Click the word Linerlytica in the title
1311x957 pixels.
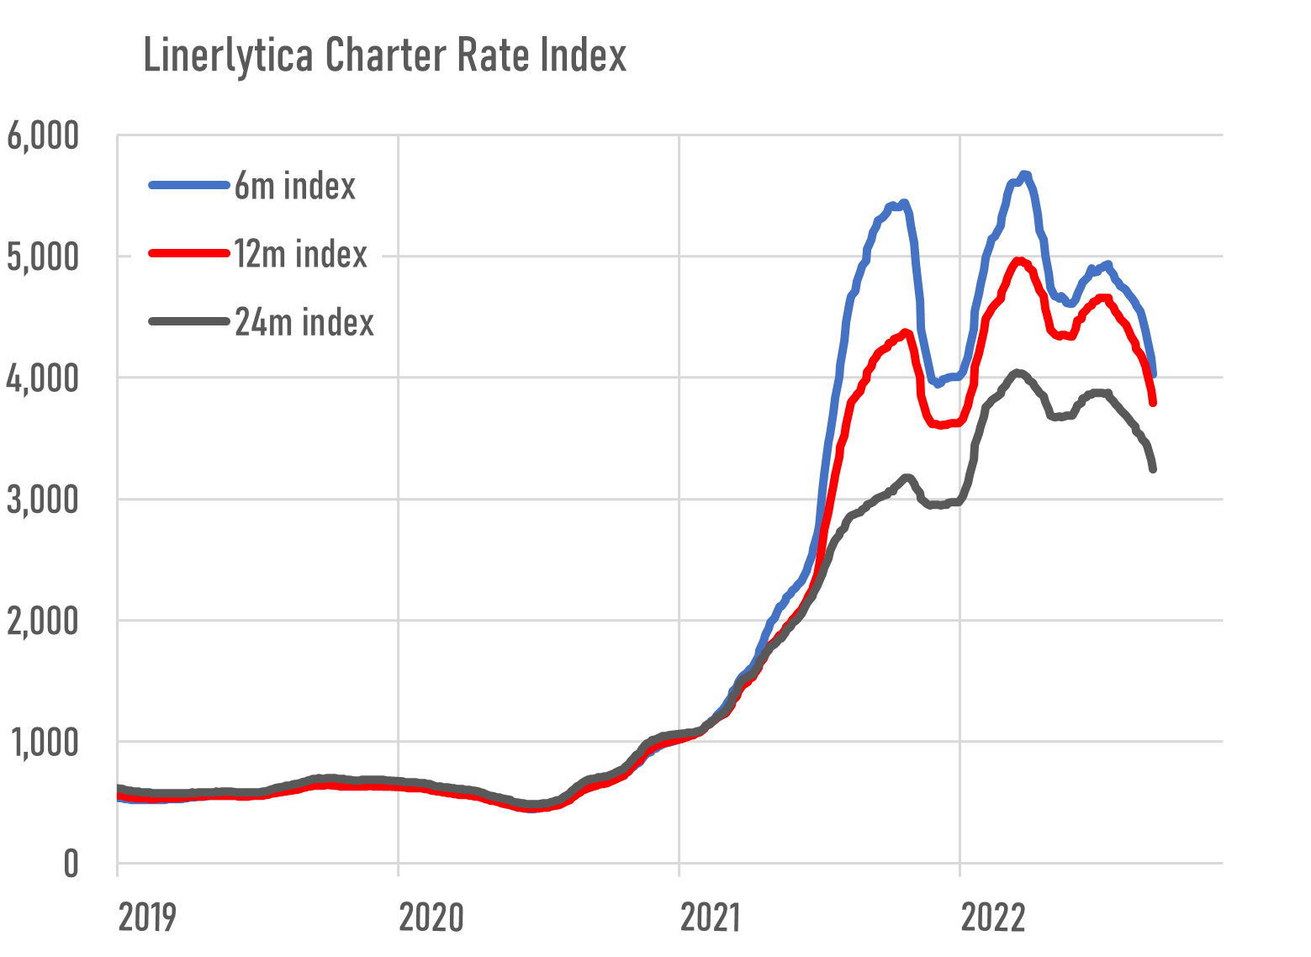tap(230, 56)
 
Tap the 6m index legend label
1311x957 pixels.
tap(294, 186)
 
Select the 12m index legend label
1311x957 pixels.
tap(300, 254)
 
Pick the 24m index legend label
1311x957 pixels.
tap(304, 322)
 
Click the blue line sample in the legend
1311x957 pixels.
tap(189, 185)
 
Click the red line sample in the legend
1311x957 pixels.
tap(189, 253)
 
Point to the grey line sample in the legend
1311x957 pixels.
tap(189, 321)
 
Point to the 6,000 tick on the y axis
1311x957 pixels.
tap(43, 136)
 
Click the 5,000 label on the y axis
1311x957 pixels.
tap(43, 257)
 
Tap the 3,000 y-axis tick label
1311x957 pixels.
tap(43, 500)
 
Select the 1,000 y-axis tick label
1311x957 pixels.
tap(43, 743)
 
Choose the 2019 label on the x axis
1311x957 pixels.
tap(148, 917)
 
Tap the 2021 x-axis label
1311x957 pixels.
tap(710, 917)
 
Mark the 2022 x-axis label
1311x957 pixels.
tap(993, 917)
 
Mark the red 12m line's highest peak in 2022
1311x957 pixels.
tap(1019, 261)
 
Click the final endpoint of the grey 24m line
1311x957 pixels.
tap(1153, 469)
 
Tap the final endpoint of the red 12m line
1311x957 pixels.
tap(1154, 403)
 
